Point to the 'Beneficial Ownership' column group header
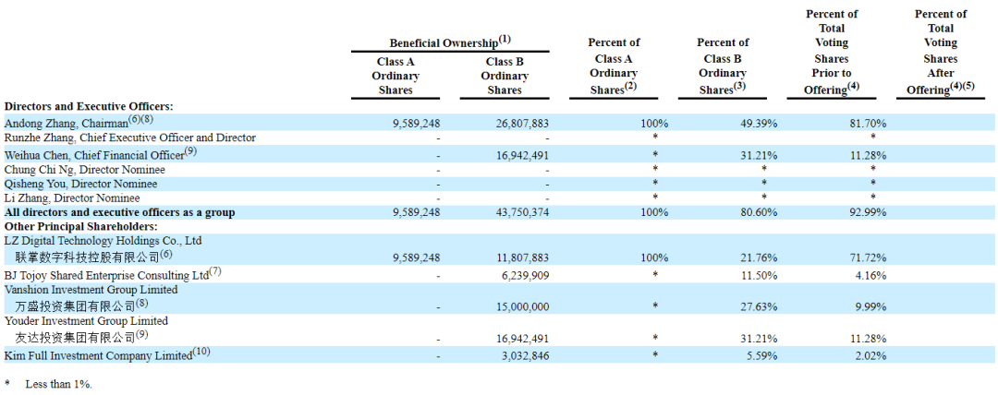coord(450,42)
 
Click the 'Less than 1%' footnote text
coord(58,384)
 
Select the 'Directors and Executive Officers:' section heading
coord(89,107)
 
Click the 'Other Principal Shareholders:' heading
coord(80,226)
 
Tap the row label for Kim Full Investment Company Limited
coord(106,354)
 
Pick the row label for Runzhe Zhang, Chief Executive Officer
coord(130,138)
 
